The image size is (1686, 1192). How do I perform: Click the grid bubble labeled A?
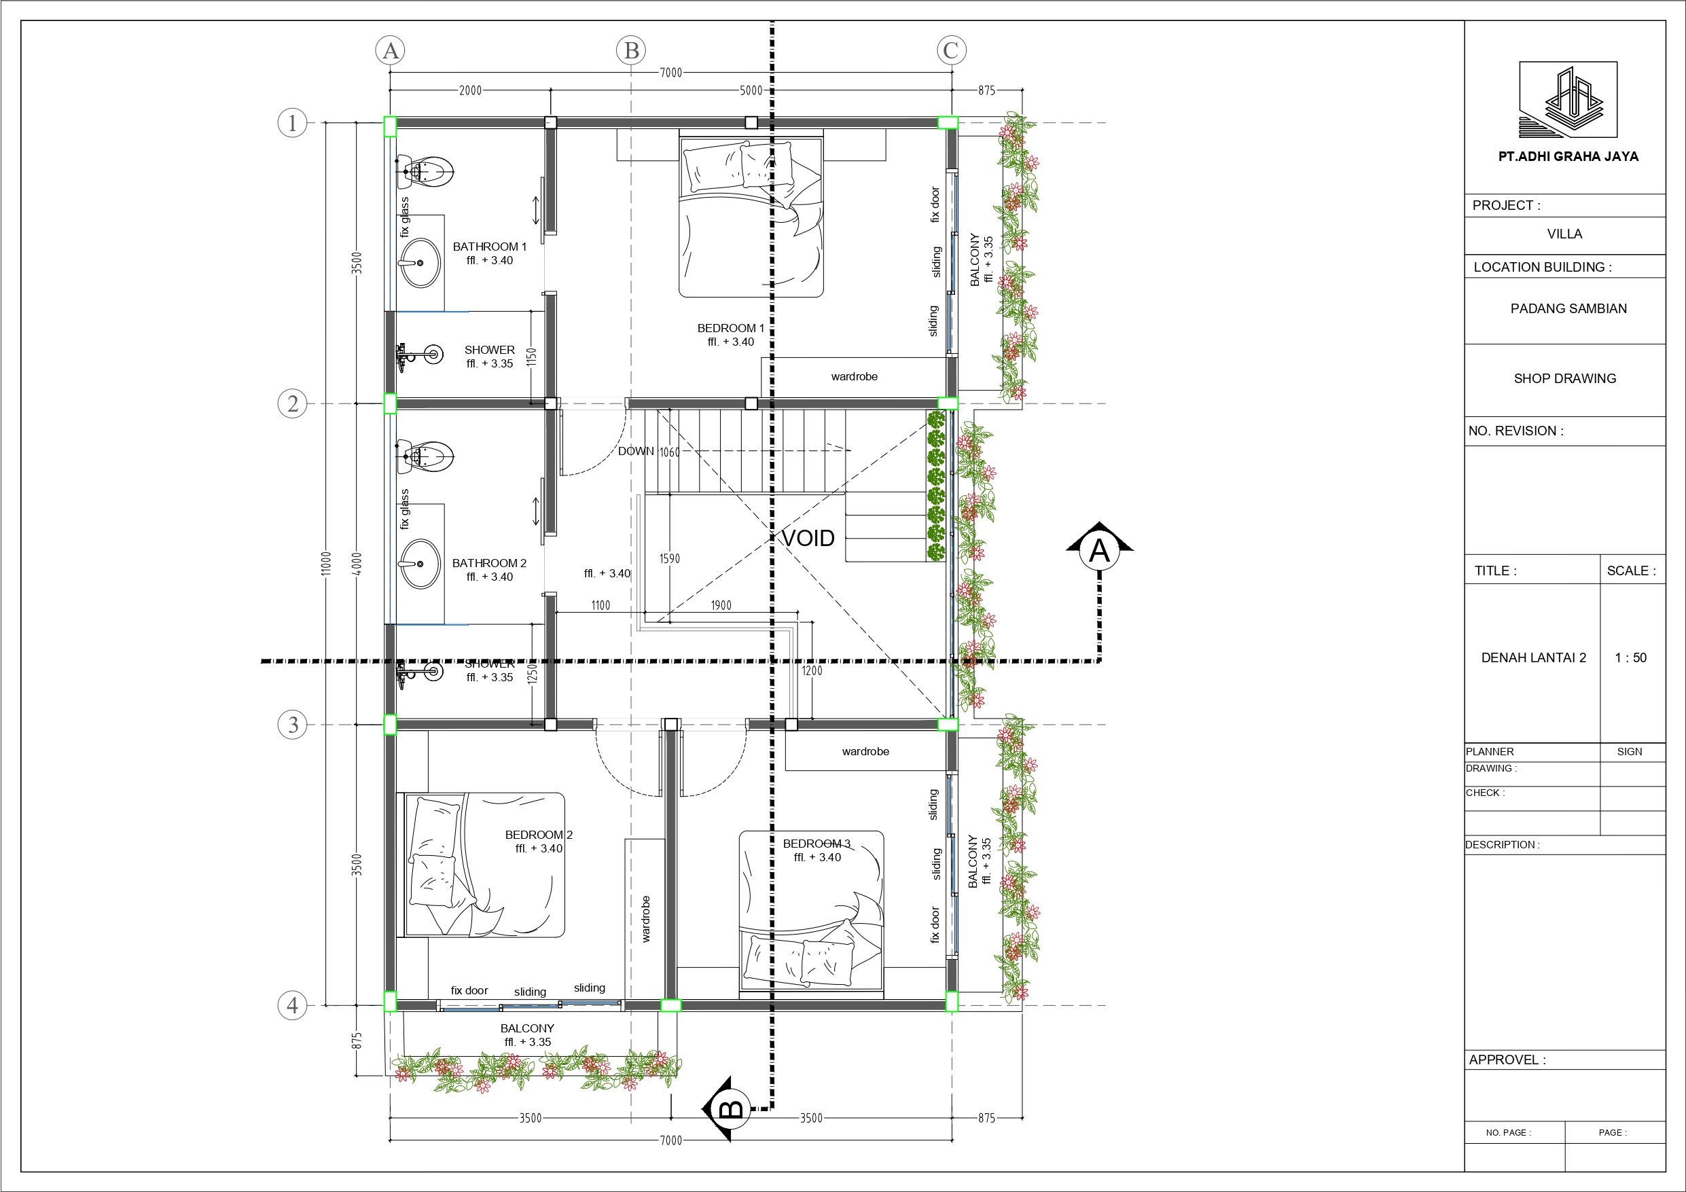391,51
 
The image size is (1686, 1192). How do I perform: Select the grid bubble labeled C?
952,51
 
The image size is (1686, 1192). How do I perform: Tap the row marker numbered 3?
292,725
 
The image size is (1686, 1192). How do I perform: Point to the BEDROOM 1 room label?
731,328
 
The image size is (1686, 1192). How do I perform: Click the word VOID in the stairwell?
808,539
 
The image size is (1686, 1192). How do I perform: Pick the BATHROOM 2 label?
489,563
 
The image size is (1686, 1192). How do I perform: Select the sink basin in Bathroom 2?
420,564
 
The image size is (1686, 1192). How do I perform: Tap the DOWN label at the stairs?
636,451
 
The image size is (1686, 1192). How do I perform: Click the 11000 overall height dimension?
327,564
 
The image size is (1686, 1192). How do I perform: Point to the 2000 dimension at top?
471,90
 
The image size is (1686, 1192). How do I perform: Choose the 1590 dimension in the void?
670,559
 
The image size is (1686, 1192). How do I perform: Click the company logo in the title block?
1568,100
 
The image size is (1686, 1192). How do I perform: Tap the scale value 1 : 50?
1631,658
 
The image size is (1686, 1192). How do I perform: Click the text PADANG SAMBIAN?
1568,308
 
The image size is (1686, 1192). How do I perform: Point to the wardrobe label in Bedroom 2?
646,919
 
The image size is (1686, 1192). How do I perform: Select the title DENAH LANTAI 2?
1533,658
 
